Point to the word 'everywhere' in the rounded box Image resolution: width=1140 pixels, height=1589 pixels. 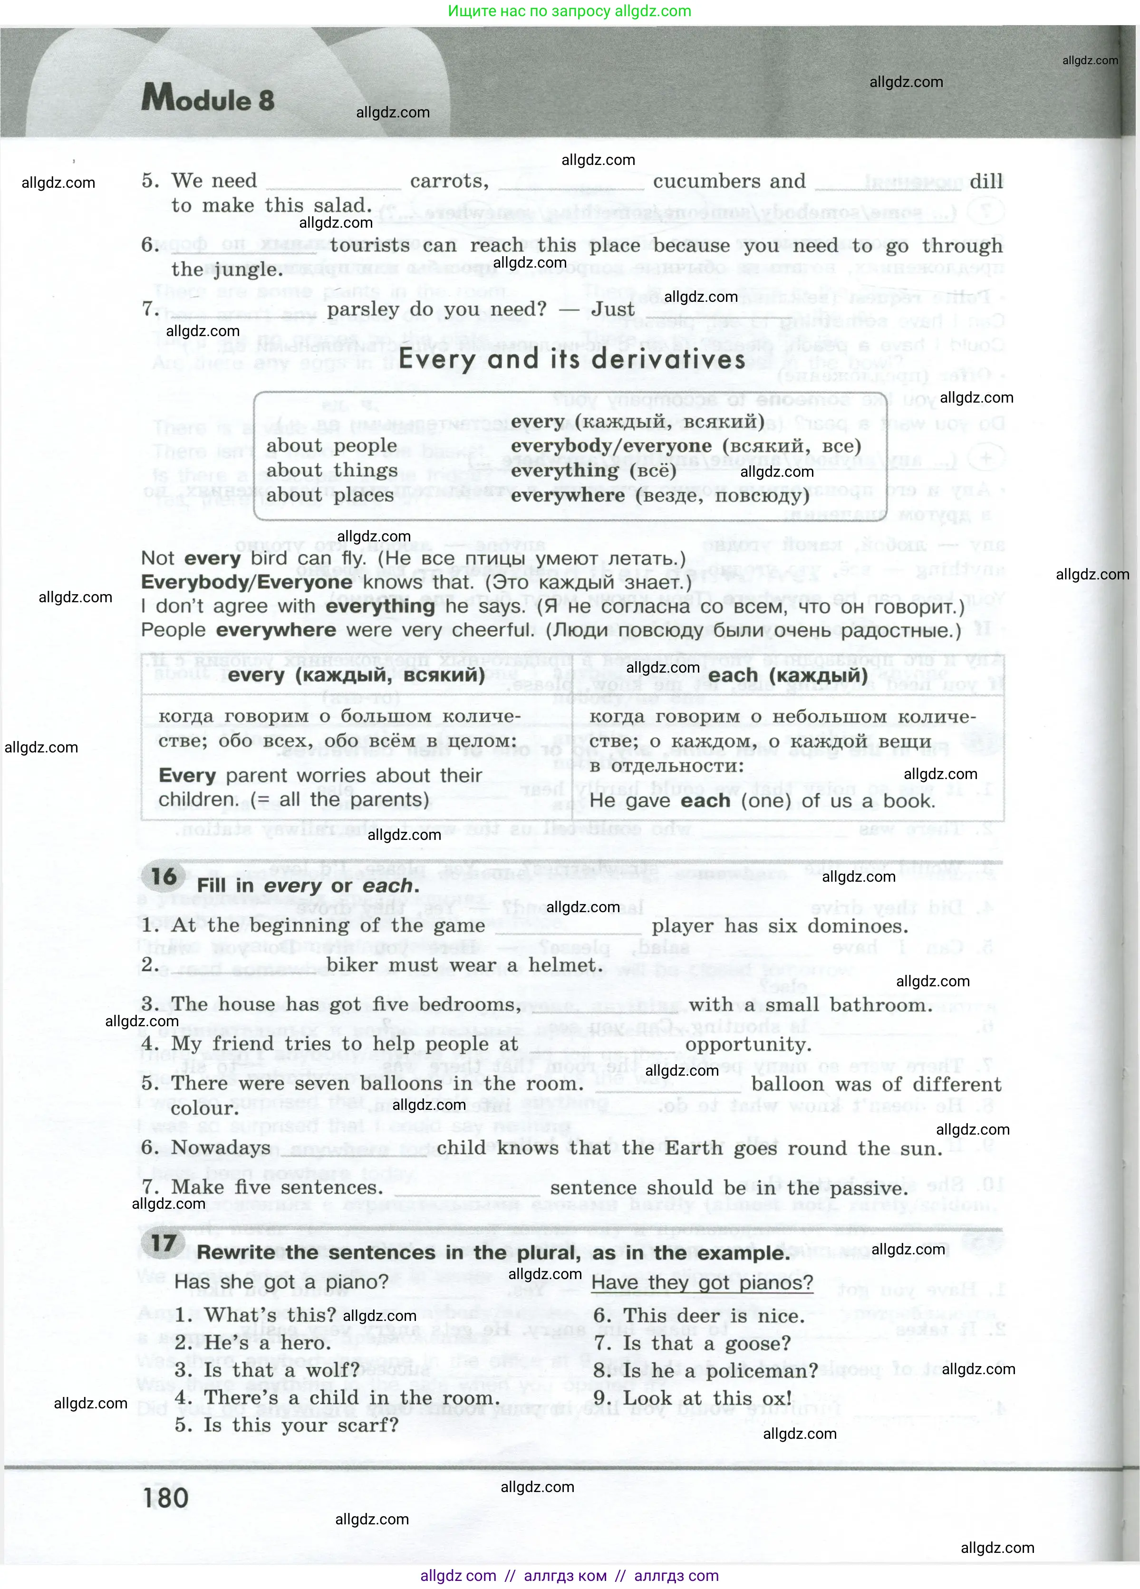pos(568,495)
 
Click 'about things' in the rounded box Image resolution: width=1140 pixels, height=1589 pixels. pos(331,470)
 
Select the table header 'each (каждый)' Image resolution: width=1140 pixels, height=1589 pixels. pos(788,675)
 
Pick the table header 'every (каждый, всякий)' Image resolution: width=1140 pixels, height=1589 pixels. pos(356,675)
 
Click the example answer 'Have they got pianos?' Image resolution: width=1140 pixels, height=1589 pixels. pos(702,1283)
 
